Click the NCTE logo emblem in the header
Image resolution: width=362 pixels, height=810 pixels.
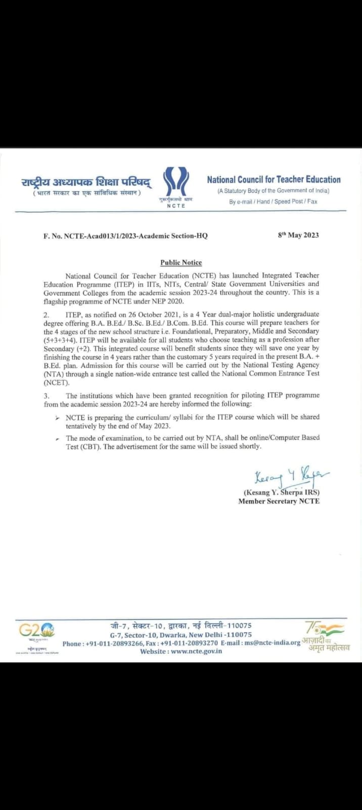point(176,182)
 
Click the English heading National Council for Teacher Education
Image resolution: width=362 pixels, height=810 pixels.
point(274,179)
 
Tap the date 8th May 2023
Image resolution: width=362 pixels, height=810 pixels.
point(298,235)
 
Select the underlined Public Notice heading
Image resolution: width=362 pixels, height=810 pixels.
point(181,262)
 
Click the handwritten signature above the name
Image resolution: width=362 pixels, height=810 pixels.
point(291,476)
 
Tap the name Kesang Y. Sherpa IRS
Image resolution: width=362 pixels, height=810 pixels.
point(282,493)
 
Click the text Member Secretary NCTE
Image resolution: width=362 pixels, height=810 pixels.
point(279,501)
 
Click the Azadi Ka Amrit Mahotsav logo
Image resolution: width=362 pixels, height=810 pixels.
point(326,637)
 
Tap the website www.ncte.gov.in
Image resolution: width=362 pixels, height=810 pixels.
point(181,652)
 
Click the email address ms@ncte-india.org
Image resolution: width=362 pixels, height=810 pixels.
point(273,643)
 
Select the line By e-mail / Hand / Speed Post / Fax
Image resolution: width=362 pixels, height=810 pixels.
point(273,201)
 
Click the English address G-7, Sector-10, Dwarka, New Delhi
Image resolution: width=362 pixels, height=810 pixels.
point(180,635)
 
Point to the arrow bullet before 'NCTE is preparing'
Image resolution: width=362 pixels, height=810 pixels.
point(58,418)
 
